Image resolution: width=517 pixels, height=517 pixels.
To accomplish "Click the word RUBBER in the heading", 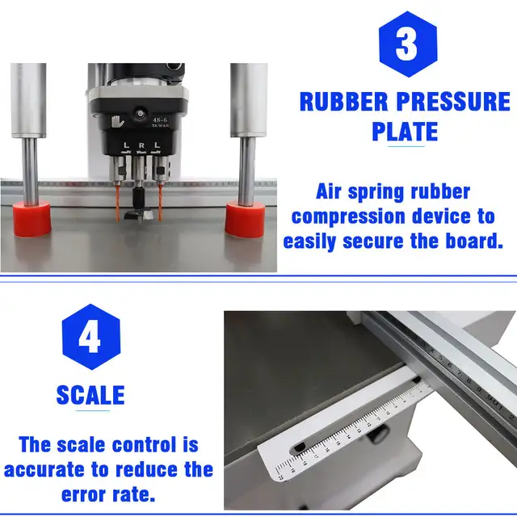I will [x=343, y=103].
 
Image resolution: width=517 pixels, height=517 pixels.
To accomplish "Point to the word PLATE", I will [x=405, y=131].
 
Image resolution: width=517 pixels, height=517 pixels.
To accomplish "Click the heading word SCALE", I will [x=90, y=395].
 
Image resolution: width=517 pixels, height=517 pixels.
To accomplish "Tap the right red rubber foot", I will [x=244, y=219].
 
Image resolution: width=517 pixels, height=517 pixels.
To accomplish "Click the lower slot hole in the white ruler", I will [x=300, y=447].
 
